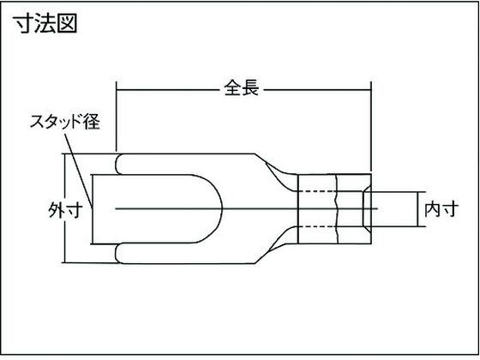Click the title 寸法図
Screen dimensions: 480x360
coord(45,23)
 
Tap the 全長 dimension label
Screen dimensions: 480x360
coord(242,88)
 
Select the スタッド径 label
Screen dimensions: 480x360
coord(65,122)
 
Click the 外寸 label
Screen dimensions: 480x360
coord(65,210)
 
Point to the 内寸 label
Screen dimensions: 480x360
coord(441,209)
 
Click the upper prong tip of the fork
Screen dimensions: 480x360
coord(117,165)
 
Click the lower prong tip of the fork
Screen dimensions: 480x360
coord(117,253)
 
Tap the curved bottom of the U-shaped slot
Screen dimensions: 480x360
coord(221,209)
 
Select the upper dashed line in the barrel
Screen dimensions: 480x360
coord(317,192)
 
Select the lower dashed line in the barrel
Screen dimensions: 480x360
coord(317,226)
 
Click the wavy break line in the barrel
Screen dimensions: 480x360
coord(337,209)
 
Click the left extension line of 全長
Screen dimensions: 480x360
coord(117,117)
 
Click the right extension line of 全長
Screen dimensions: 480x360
coord(371,127)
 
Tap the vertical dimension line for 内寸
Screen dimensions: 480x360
coord(417,209)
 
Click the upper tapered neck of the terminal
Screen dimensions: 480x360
coord(275,171)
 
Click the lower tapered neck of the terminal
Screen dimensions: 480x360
coord(275,246)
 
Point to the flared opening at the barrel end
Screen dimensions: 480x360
coord(367,209)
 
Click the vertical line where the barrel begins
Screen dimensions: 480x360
coord(298,209)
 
